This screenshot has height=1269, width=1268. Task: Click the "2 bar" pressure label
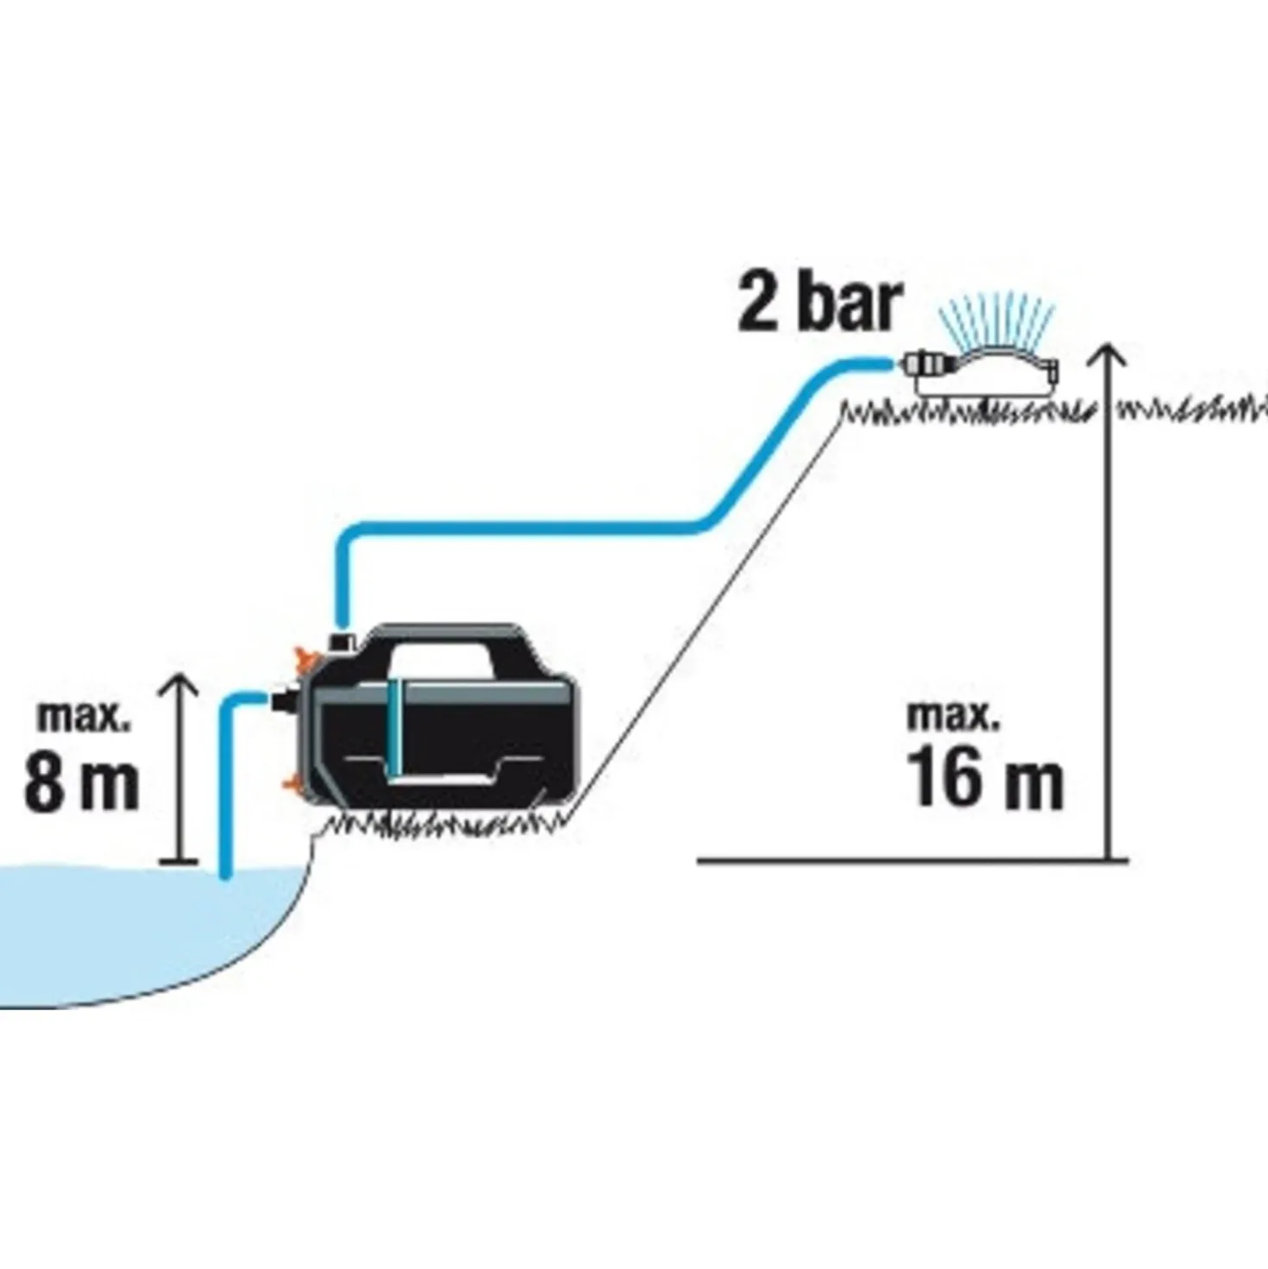(818, 304)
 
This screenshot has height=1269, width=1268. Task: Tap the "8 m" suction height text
(82, 782)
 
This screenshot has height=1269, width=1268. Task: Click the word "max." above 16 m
(953, 716)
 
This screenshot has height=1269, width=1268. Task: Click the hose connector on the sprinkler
(924, 363)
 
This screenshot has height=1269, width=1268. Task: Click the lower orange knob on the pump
(293, 782)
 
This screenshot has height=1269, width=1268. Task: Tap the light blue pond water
(132, 922)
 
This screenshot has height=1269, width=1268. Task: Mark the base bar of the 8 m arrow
(179, 860)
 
